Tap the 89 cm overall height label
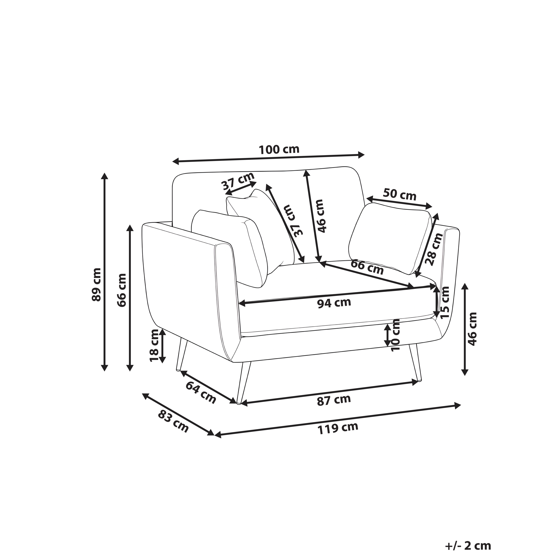(96, 284)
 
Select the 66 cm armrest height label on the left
(122, 290)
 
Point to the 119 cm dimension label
(338, 428)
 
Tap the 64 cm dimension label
(201, 393)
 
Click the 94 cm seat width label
(334, 303)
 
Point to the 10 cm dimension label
(395, 335)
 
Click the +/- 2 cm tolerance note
(468, 530)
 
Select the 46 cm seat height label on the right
(472, 329)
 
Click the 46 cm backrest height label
(321, 216)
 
